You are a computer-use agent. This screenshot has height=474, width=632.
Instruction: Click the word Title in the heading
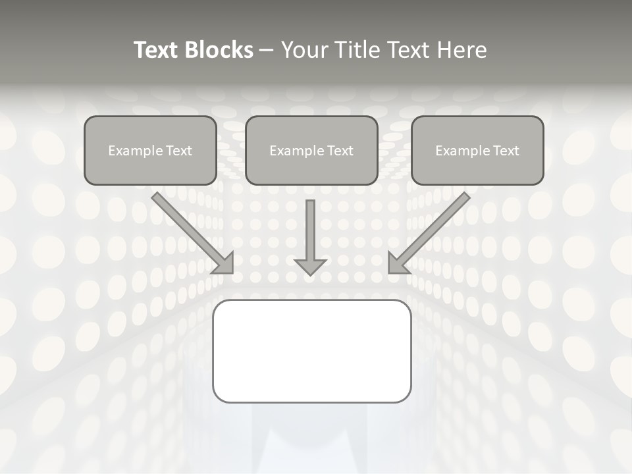[x=354, y=50]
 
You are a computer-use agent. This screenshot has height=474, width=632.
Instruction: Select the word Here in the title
[x=462, y=50]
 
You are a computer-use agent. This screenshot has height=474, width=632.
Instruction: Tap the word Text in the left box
[x=178, y=151]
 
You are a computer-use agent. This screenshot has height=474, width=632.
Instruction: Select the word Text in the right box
[x=506, y=151]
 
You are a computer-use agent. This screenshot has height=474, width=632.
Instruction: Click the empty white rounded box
[x=311, y=351]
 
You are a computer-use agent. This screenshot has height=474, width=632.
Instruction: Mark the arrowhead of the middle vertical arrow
[x=310, y=266]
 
